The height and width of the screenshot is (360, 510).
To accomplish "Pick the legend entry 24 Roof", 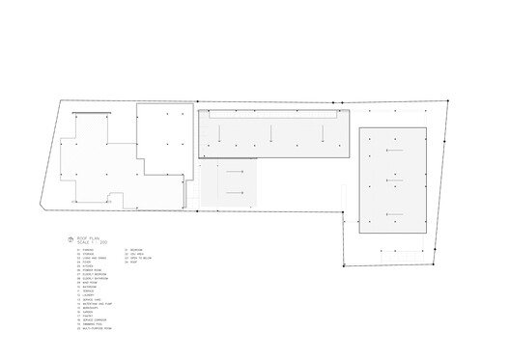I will coord(134,263).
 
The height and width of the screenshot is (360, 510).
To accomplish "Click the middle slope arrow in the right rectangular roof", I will coord(393,180).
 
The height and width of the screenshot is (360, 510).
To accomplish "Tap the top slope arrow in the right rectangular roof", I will coord(393,150).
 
